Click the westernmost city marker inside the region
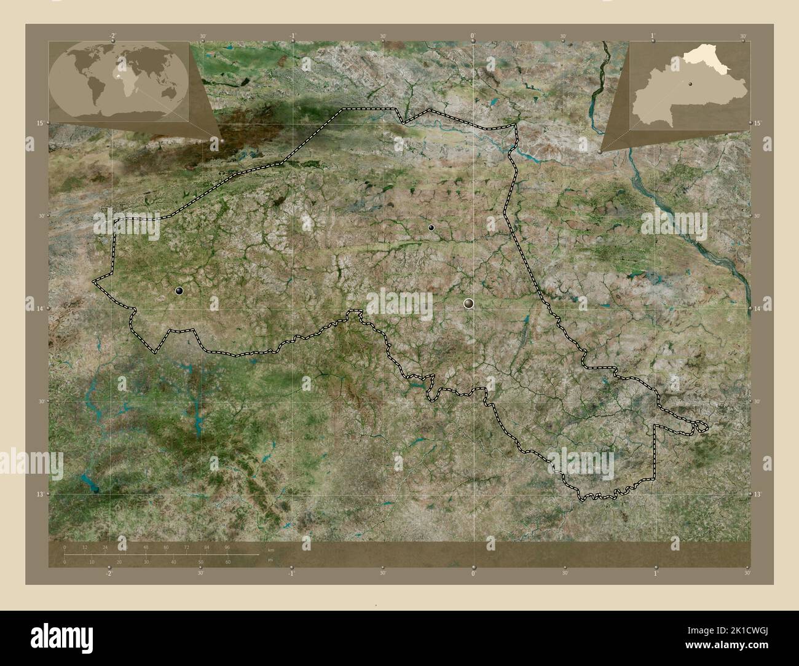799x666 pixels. tap(179, 291)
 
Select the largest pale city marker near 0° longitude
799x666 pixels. tap(469, 302)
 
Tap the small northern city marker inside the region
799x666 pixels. tap(431, 227)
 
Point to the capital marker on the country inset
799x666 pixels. tap(690, 85)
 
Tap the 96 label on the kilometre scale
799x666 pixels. tap(227, 546)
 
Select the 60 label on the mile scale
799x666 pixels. tap(227, 562)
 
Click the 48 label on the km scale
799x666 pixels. tap(146, 546)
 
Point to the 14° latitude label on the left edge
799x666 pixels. tap(39, 308)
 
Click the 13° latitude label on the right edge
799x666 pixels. tap(759, 494)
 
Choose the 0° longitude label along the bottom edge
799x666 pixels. tap(473, 574)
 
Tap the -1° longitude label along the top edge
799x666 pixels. tap(293, 36)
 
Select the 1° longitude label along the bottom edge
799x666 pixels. tap(655, 574)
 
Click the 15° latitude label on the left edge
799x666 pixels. tap(39, 123)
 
